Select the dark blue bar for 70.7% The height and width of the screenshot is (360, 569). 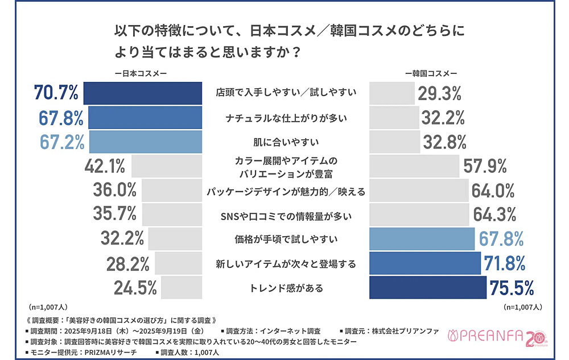142,93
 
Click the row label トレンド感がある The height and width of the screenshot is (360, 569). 286,288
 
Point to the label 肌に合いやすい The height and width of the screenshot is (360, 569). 286,142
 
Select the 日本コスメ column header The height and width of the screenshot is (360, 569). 140,73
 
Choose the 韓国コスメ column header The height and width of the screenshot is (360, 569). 431,73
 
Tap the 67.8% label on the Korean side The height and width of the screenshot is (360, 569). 501,239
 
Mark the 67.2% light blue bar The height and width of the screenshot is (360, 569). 145,142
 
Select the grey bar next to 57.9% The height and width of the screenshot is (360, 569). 414,166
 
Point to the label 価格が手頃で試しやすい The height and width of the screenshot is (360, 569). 286,239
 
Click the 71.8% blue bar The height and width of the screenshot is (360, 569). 425,263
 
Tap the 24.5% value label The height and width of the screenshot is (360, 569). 135,288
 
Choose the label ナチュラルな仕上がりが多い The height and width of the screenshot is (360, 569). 286,118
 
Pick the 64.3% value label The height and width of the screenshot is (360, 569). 494,214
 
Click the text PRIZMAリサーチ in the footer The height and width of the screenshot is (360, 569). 112,353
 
